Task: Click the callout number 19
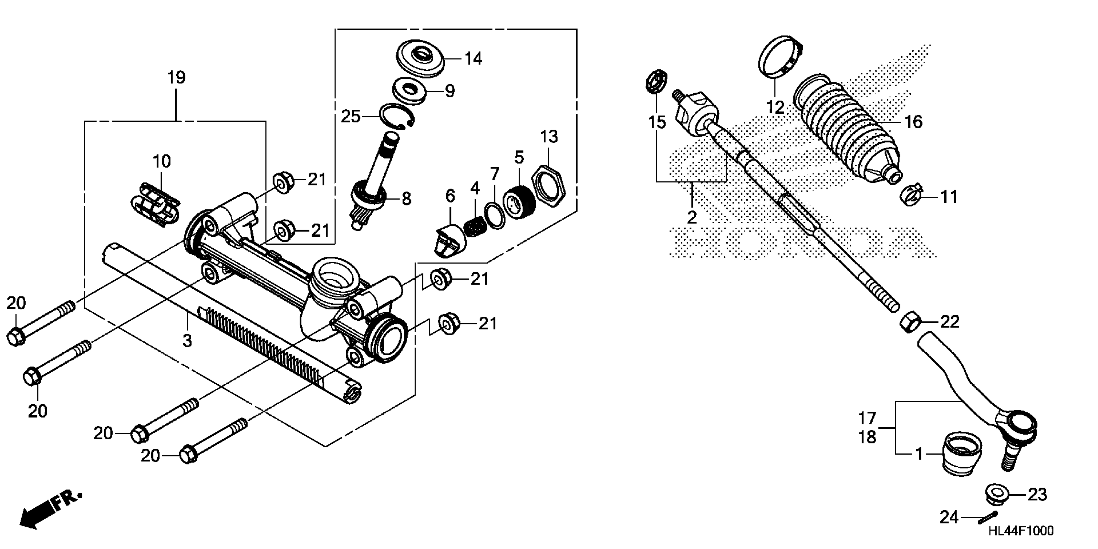point(176,78)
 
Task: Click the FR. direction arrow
point(49,509)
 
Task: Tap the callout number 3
point(187,341)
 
